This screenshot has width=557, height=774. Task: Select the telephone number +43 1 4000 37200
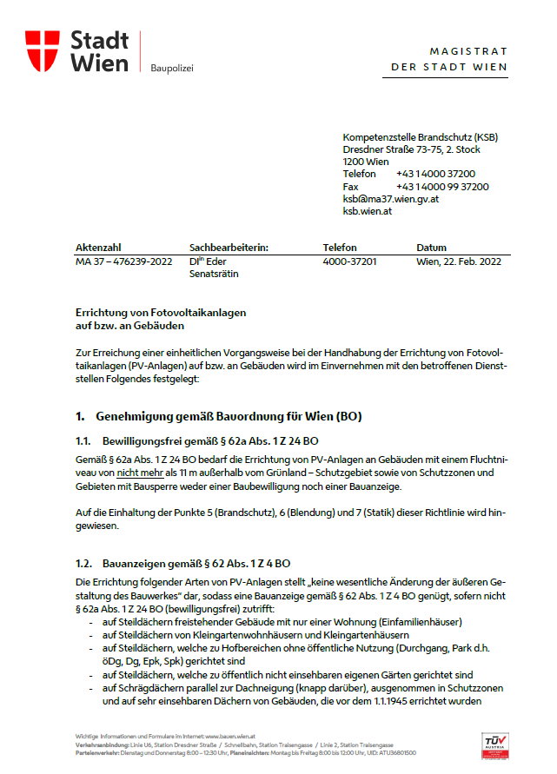(435, 174)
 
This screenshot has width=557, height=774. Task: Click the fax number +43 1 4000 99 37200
(441, 186)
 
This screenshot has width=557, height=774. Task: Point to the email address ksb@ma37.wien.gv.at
(390, 198)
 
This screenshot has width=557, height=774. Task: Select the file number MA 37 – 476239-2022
(124, 261)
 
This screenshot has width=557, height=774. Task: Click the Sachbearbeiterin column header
(229, 248)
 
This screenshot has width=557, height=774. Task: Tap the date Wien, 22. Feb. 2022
(458, 261)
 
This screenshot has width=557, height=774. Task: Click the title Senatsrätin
(214, 274)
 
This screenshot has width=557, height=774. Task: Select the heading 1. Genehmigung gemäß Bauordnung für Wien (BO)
(218, 416)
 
